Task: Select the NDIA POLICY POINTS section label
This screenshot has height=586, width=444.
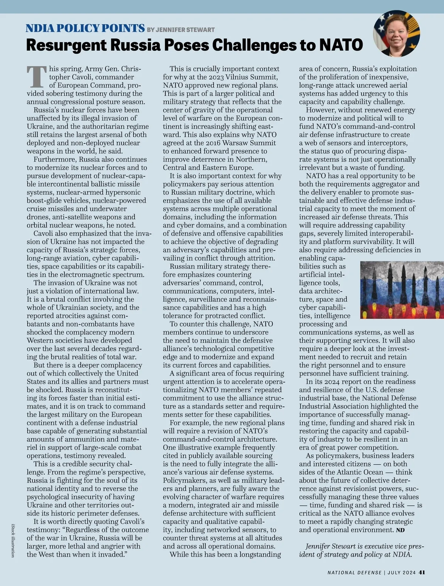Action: tap(85, 28)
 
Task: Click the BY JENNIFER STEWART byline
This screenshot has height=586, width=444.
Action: tap(181, 30)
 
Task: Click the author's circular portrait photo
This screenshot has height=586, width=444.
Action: tap(396, 35)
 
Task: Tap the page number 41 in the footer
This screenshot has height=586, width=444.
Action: tap(422, 572)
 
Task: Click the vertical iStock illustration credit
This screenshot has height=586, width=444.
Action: tap(13, 540)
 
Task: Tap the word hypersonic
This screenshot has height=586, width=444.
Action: tap(123, 192)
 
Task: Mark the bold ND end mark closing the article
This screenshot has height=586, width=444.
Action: tap(400, 530)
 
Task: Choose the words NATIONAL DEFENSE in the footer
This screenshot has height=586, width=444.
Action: tap(354, 573)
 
